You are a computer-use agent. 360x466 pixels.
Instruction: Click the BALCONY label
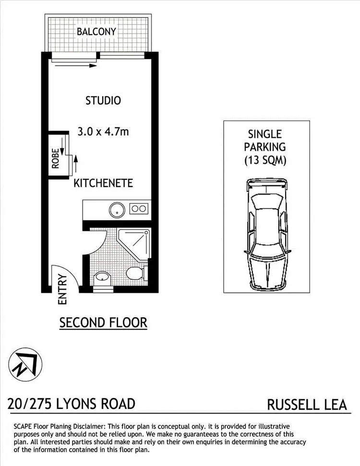[96, 32]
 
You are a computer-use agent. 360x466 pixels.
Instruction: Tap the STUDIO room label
[103, 101]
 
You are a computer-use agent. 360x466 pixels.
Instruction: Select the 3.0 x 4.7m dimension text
[103, 131]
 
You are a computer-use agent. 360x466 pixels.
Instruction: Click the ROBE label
[56, 159]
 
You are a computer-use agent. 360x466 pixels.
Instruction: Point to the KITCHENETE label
[103, 183]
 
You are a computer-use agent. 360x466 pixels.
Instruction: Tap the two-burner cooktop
[139, 209]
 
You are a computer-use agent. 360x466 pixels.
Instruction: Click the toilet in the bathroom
[135, 274]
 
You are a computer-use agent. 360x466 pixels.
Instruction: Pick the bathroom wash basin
[101, 277]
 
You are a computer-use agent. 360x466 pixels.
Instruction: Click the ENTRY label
[61, 289]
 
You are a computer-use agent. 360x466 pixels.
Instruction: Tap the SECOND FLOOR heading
[103, 323]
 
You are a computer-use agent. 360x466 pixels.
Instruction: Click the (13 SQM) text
[265, 160]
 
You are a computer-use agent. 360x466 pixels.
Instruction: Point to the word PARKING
[265, 147]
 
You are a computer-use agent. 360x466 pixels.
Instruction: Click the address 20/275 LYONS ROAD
[72, 404]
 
